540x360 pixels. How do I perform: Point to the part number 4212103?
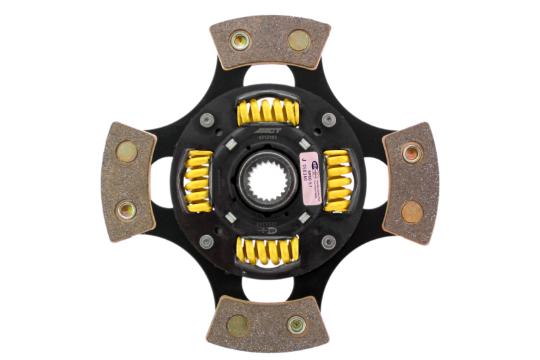[x=267, y=138]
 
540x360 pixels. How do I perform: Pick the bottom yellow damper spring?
[x=267, y=251]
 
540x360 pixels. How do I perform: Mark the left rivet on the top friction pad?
[x=240, y=41]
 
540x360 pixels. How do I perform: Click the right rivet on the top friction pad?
[x=298, y=41]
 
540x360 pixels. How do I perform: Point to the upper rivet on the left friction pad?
[x=126, y=151]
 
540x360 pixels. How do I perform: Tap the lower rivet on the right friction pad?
[x=412, y=212]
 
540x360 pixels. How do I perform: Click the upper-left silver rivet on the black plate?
[x=207, y=120]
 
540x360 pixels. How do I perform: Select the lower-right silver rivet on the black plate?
[x=328, y=241]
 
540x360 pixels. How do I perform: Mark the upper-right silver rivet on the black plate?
[x=328, y=120]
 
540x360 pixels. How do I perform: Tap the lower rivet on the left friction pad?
[x=126, y=210]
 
